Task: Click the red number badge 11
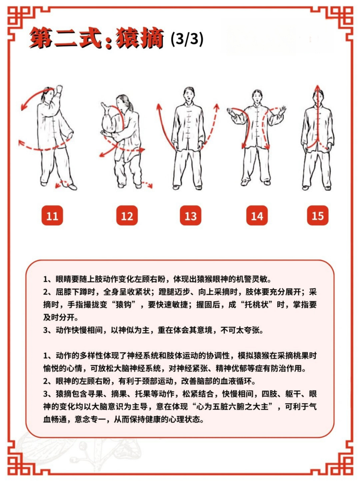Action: pyautogui.click(x=52, y=216)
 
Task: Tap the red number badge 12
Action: pyautogui.click(x=127, y=216)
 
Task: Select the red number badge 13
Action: pyautogui.click(x=191, y=216)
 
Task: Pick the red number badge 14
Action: pyautogui.click(x=257, y=216)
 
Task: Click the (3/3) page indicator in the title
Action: pyautogui.click(x=187, y=38)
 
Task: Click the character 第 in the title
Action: pyautogui.click(x=41, y=38)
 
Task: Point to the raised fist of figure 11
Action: pyautogui.click(x=59, y=90)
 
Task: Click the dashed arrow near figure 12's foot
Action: pyautogui.click(x=147, y=185)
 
